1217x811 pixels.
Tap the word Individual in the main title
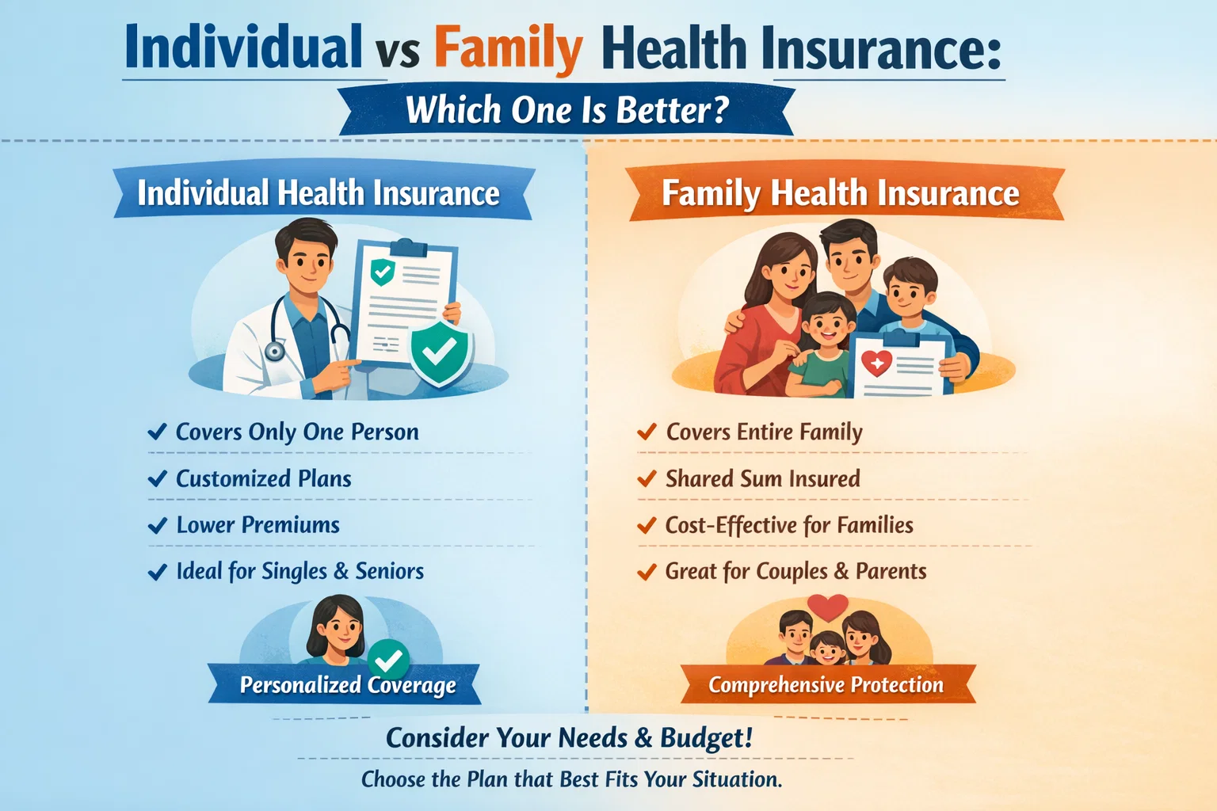[243, 48]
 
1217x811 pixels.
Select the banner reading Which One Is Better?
[567, 110]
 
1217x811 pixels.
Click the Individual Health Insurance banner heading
[319, 193]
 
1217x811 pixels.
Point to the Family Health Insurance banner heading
[841, 193]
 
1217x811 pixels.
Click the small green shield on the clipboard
[383, 272]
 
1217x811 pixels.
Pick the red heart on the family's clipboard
[877, 363]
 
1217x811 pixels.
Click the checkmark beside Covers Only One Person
[157, 432]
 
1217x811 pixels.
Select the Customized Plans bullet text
[263, 478]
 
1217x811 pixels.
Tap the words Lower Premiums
[258, 525]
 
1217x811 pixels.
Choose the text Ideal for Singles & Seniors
[299, 571]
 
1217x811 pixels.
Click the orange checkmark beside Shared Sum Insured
[647, 478]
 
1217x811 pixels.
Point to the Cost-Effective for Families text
[789, 525]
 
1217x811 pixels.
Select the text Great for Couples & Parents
[795, 571]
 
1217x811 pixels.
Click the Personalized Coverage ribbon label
[348, 685]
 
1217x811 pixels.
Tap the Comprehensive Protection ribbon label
[826, 685]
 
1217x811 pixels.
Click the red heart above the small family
[828, 607]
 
